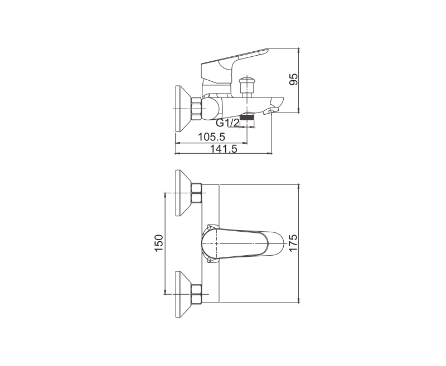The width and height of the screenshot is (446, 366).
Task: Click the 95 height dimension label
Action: click(294, 79)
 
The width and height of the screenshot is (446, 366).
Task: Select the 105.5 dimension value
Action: click(211, 137)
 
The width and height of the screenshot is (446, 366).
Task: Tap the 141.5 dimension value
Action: click(224, 149)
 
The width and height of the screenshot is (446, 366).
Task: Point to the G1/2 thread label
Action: click(227, 123)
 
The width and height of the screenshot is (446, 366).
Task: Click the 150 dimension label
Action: click(159, 243)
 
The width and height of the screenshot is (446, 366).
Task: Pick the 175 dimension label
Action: click(293, 243)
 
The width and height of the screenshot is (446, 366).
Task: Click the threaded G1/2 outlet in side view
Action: click(247, 116)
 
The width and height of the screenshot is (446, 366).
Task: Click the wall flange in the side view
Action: click(182, 109)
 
